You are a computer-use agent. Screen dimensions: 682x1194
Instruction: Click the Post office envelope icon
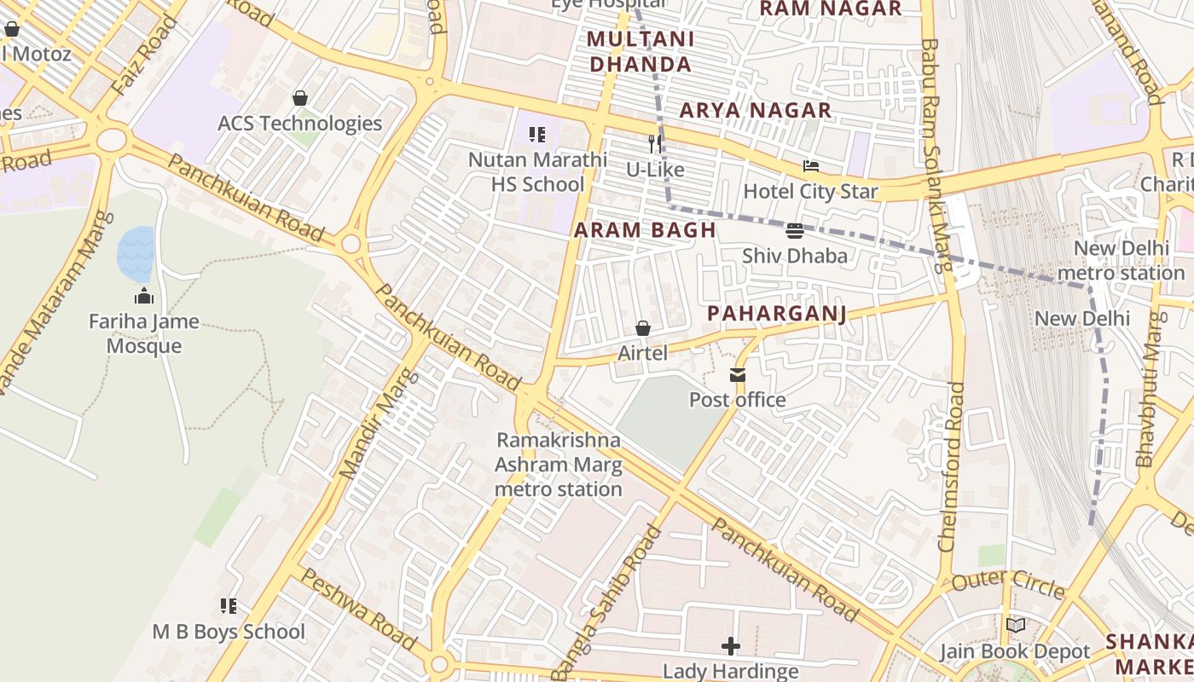737,375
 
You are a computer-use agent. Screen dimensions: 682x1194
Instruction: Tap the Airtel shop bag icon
643,328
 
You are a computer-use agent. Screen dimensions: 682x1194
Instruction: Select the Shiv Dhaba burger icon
795,230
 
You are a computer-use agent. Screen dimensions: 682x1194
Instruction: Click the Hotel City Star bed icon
810,166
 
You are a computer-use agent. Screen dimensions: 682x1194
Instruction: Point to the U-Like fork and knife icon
655,143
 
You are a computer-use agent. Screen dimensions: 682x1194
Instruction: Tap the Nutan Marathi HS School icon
537,134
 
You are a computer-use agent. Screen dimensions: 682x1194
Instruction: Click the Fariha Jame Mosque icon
143,296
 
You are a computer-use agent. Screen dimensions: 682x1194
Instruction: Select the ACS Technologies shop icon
299,98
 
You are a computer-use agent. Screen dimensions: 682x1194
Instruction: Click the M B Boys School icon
228,606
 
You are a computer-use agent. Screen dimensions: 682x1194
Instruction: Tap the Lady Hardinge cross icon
731,645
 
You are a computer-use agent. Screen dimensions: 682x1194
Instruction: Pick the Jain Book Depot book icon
1015,626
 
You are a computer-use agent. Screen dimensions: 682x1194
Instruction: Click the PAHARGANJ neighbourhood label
777,314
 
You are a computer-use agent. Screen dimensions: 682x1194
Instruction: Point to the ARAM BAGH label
645,229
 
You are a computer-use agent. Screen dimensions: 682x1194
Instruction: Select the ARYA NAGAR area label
755,110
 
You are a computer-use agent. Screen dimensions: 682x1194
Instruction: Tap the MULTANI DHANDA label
640,51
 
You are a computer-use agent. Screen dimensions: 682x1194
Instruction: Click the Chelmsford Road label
953,465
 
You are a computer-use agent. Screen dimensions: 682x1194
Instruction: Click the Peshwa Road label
358,610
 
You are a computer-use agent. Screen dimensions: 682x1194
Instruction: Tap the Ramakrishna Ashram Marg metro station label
559,465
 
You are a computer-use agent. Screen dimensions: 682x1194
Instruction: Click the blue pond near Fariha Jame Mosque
136,254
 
